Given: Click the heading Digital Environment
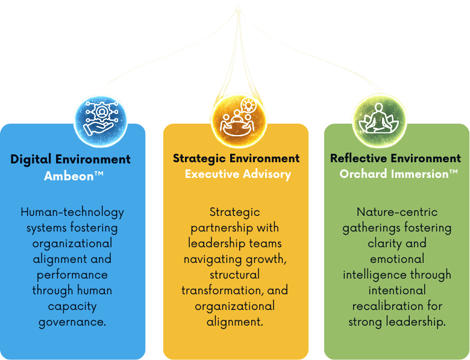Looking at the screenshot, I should click(70, 160).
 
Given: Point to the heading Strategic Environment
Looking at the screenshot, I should click(236, 159).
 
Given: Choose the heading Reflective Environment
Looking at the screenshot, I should click(395, 159).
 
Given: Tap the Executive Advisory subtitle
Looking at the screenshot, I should click(237, 174).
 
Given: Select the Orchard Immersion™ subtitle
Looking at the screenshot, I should click(398, 174).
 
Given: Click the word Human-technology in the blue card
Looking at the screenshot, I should click(72, 212).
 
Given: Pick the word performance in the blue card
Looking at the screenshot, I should click(72, 274).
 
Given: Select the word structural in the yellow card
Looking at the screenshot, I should click(235, 274).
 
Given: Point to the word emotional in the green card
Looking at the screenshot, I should click(396, 259).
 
